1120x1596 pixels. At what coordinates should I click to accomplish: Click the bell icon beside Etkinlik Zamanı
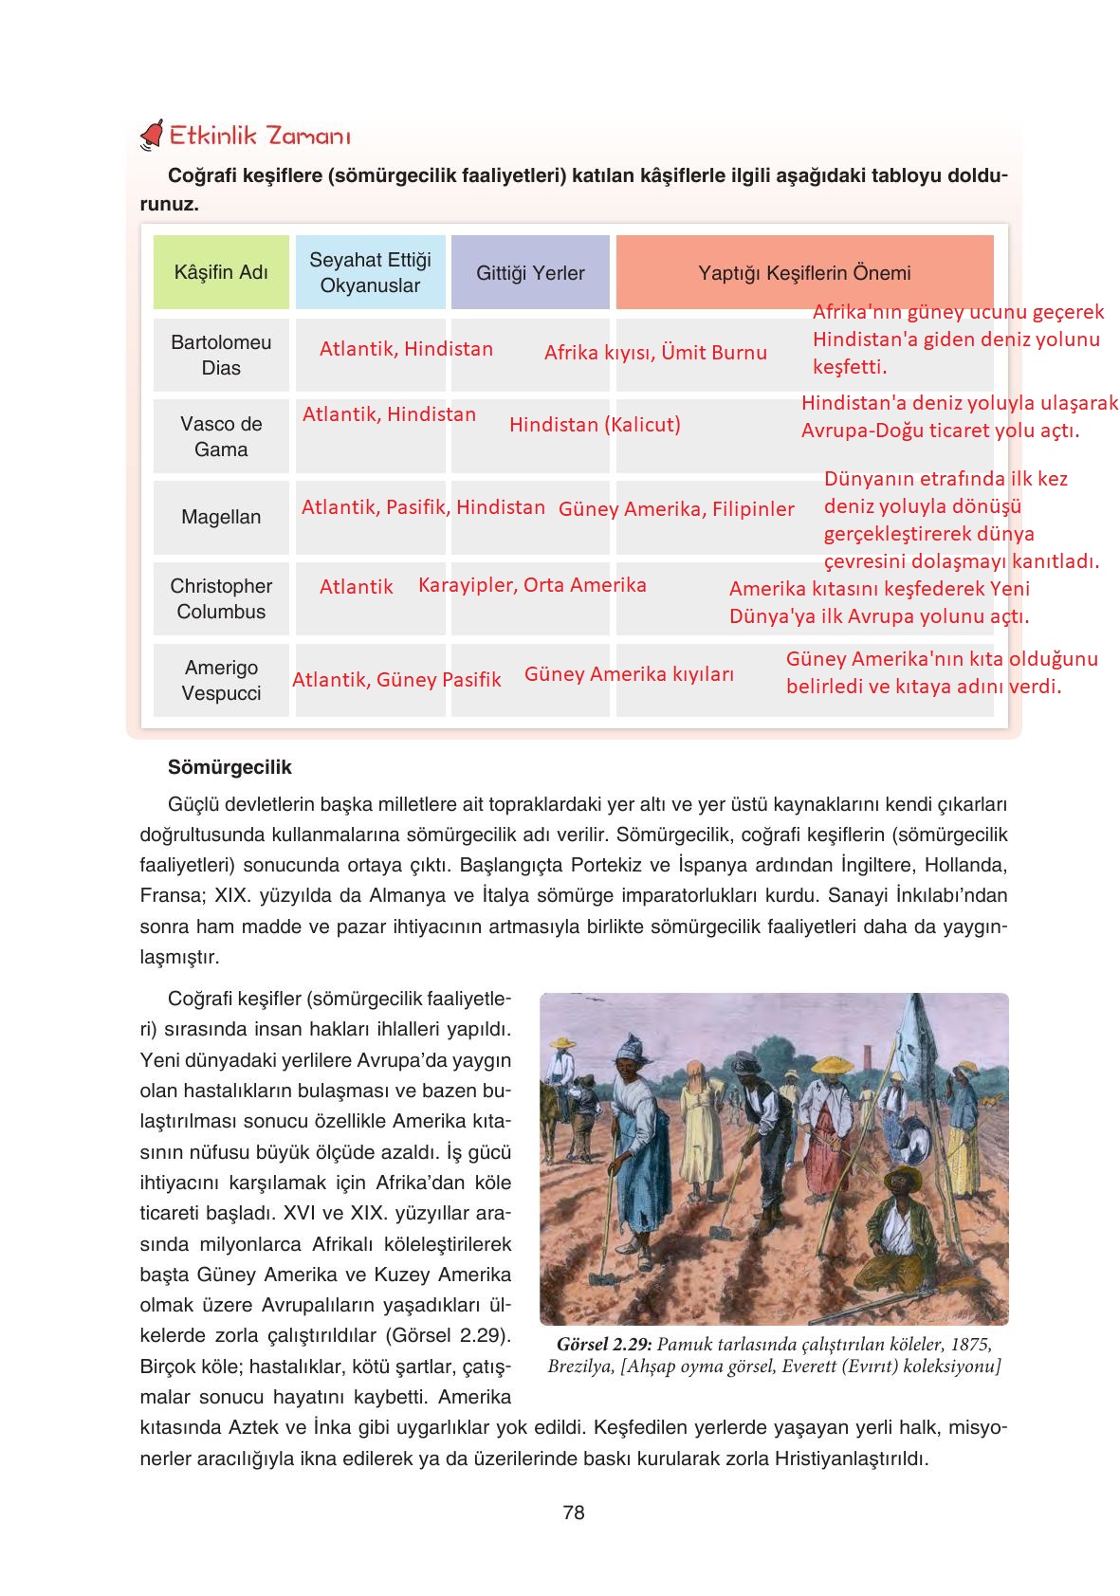(x=152, y=136)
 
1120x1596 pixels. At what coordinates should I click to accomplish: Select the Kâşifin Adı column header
(x=221, y=273)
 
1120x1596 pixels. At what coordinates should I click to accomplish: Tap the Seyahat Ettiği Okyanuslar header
(x=370, y=273)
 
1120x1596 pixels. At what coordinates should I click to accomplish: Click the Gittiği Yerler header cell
(x=530, y=273)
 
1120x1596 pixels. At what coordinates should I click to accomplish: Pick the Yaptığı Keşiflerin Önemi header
(x=804, y=273)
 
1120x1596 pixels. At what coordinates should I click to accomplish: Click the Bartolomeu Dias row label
(x=221, y=356)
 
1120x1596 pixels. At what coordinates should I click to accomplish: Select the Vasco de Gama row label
(x=221, y=437)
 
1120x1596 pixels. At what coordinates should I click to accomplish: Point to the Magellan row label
(x=221, y=517)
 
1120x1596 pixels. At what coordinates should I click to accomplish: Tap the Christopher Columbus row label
(x=221, y=599)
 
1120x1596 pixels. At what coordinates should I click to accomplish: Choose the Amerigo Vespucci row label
(x=221, y=681)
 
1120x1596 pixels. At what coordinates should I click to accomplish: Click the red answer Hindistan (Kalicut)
(x=595, y=425)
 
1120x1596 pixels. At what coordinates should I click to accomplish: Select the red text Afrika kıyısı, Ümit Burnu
(x=655, y=353)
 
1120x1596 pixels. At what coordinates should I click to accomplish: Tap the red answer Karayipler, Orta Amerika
(x=532, y=585)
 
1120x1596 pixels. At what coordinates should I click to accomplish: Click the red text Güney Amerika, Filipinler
(x=676, y=509)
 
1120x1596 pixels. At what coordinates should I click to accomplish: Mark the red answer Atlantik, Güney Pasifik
(x=396, y=680)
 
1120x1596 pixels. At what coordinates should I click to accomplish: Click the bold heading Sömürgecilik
(x=230, y=767)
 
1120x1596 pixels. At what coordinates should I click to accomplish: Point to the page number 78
(x=574, y=1513)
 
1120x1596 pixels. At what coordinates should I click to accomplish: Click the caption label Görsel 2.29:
(x=604, y=1345)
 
